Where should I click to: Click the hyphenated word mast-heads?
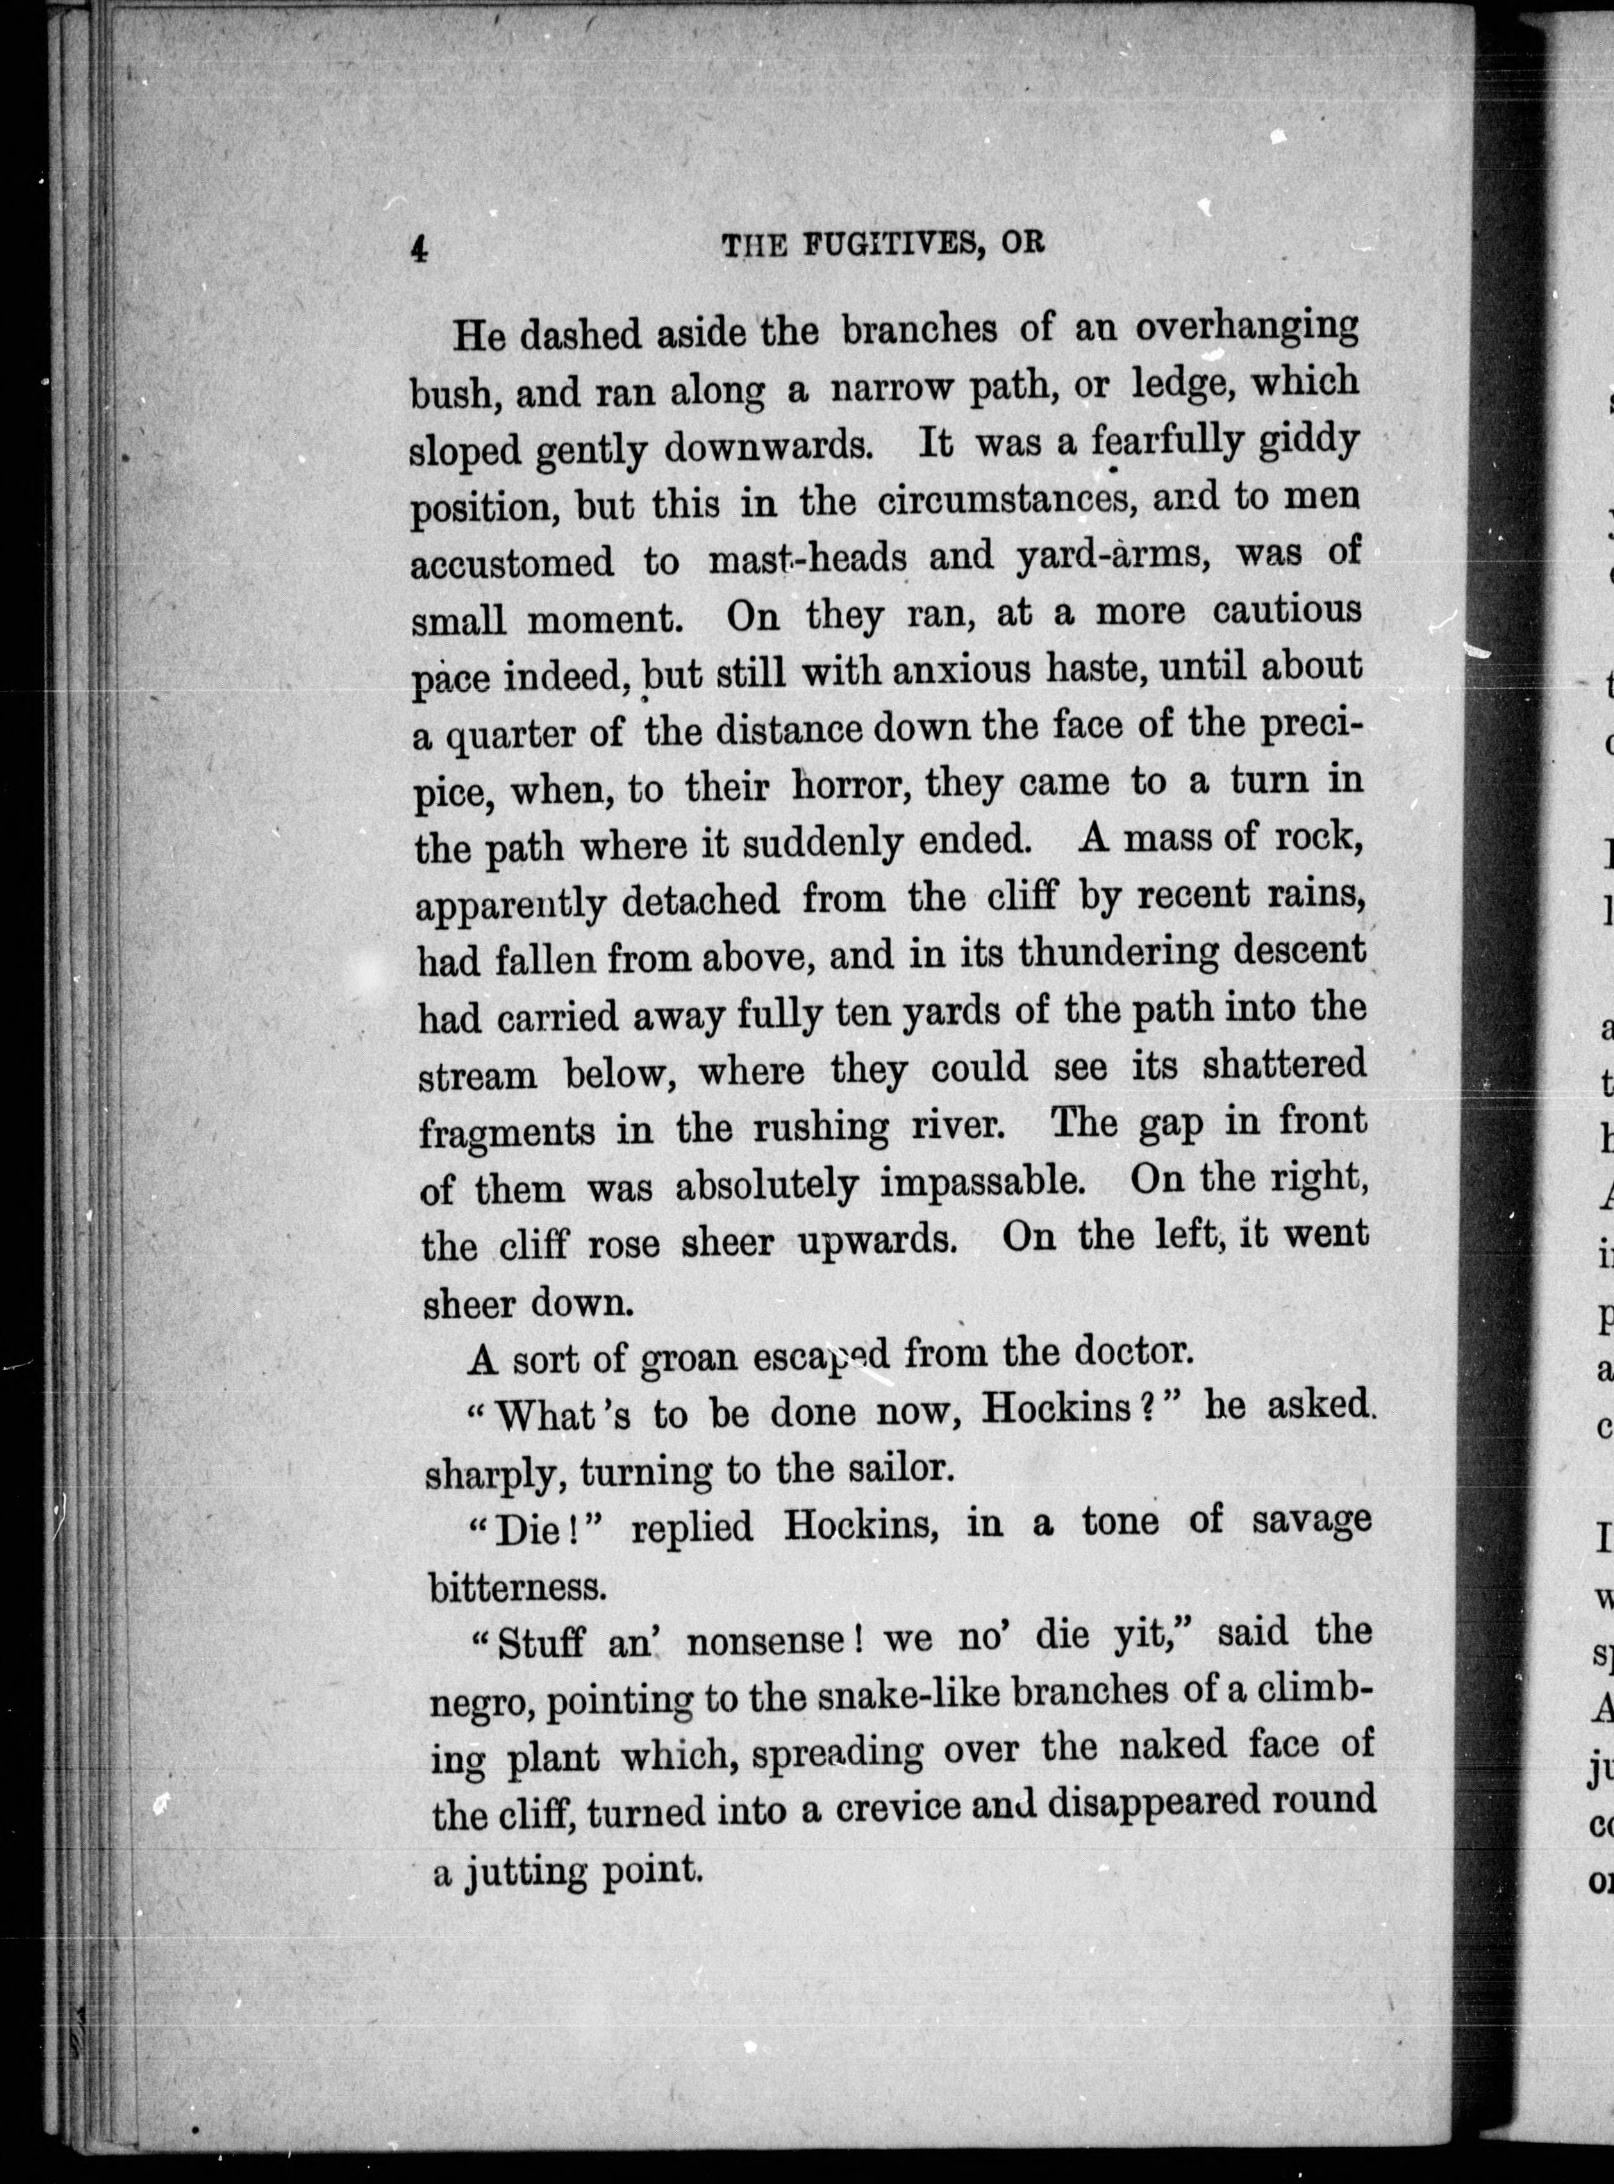(x=808, y=560)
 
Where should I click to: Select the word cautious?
(x=1287, y=611)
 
